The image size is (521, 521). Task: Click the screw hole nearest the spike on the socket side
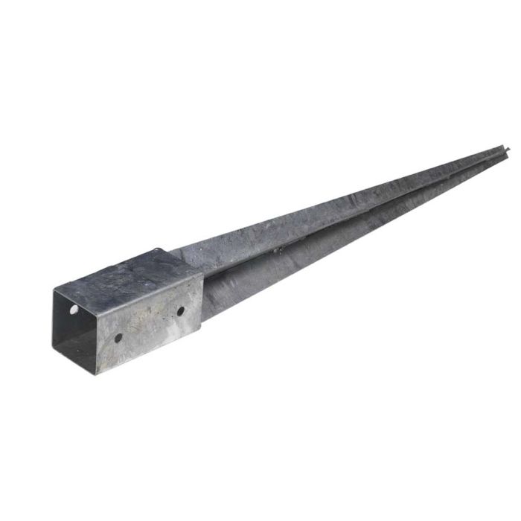(x=180, y=310)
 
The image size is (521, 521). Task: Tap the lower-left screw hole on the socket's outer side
(x=118, y=338)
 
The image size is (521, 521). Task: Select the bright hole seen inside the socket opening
(x=74, y=308)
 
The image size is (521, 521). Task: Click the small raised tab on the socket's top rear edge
(x=157, y=251)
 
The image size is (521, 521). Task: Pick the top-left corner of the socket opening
(x=54, y=289)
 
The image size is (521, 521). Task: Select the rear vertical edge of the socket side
(x=202, y=298)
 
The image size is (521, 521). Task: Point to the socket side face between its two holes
(x=149, y=324)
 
